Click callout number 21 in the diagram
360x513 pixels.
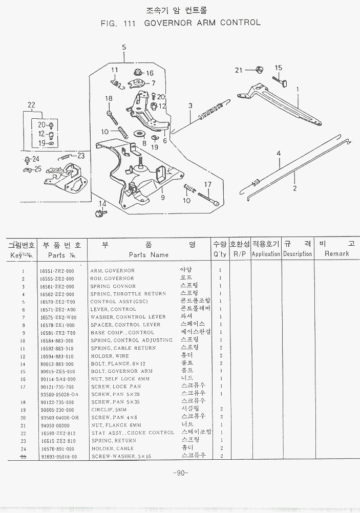coord(239,70)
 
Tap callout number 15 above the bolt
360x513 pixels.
coord(279,68)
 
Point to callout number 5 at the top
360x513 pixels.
coord(124,48)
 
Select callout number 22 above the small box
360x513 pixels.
coord(31,106)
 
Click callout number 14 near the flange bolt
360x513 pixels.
coord(102,204)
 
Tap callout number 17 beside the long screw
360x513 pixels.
coord(208,184)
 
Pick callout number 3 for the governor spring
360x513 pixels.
coord(190,106)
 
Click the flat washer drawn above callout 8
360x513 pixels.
coord(139,134)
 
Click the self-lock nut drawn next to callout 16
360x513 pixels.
coord(137,73)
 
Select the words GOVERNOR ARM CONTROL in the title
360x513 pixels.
coord(202,23)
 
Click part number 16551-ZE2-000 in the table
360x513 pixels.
coord(56,271)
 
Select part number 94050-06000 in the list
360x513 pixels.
coord(54,425)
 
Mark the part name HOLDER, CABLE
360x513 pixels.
coord(112,448)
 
